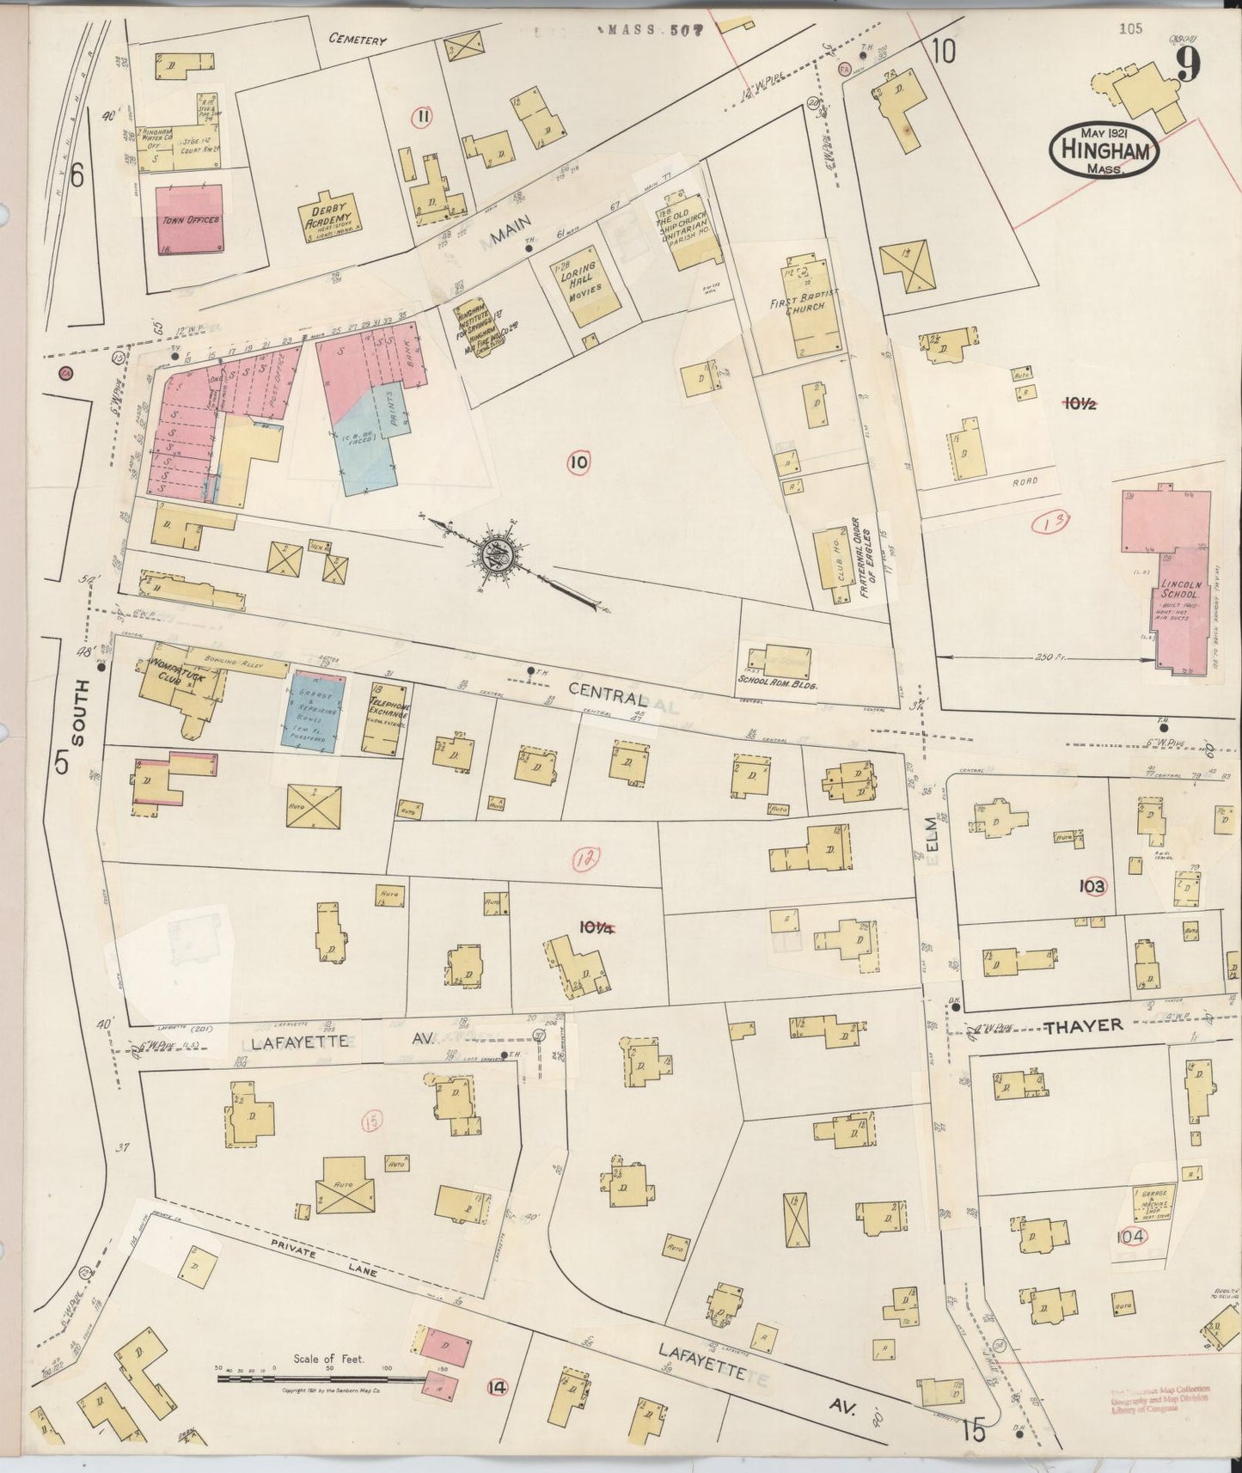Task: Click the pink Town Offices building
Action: coord(190,219)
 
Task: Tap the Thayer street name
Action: coord(1084,1025)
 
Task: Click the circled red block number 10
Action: coord(578,463)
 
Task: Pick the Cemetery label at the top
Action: coord(358,40)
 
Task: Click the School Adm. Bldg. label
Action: coord(775,687)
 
